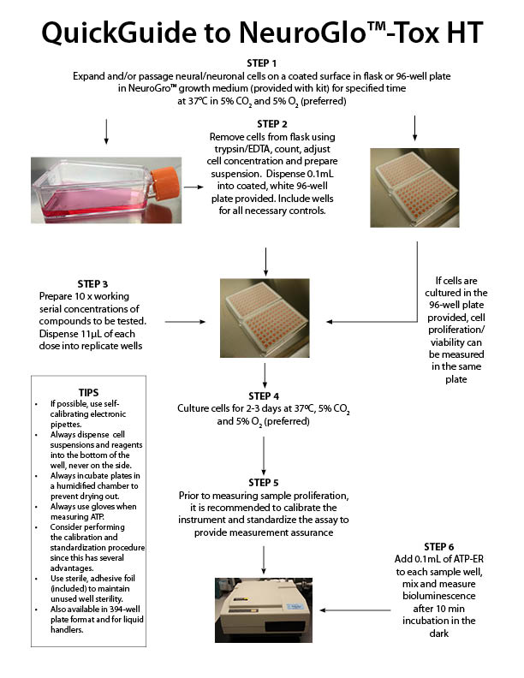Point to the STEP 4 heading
tap(263, 396)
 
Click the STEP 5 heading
tap(263, 483)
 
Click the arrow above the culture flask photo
tap(104, 129)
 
